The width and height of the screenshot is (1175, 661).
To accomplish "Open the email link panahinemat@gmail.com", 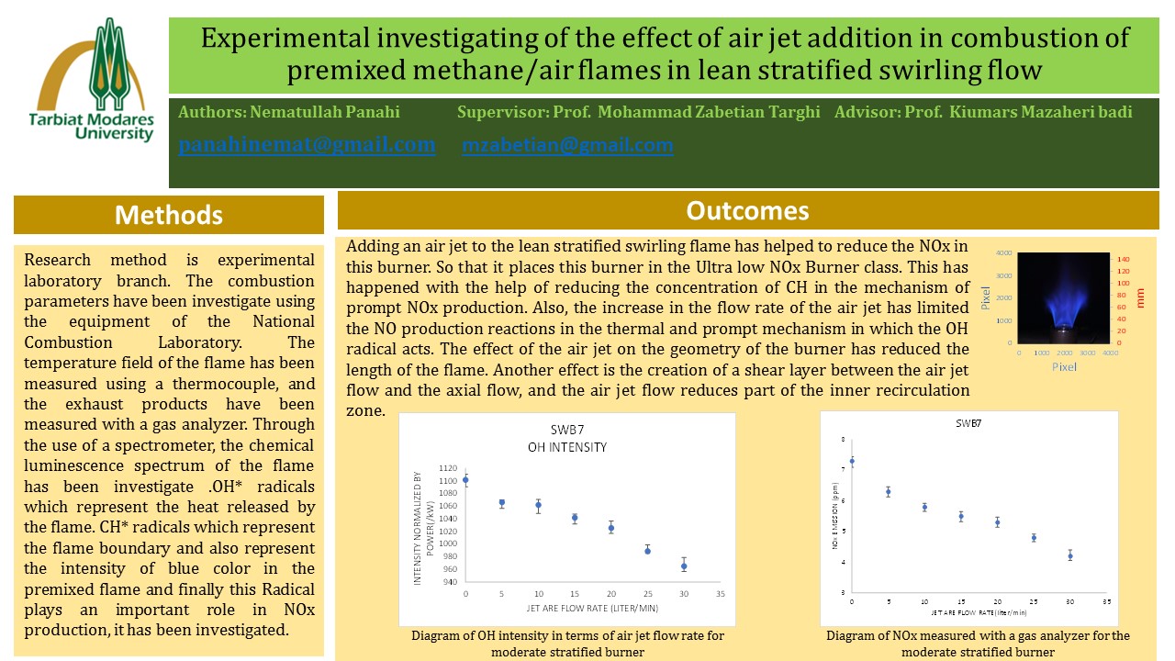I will [307, 145].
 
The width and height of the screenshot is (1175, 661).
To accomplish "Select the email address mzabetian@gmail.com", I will [567, 145].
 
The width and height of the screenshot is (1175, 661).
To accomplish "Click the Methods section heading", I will [168, 215].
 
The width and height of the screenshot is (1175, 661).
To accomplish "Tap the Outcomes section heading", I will [747, 211].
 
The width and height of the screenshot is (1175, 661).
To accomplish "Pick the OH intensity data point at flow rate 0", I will [465, 479].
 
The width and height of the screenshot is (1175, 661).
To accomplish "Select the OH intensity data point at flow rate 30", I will [684, 566].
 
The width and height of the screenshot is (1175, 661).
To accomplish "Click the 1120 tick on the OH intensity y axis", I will [448, 467].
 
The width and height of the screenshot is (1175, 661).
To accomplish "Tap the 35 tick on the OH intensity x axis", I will [720, 595].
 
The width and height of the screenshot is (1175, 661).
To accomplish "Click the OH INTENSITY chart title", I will [566, 448].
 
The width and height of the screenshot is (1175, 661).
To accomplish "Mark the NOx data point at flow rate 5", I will [888, 492].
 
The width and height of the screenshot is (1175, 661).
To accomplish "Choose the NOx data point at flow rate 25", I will [1034, 538].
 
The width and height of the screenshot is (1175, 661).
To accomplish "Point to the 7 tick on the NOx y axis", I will [844, 470].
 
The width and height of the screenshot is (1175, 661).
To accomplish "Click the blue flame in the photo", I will [1064, 294].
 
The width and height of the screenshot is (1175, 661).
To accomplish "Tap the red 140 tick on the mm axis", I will [1123, 260].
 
